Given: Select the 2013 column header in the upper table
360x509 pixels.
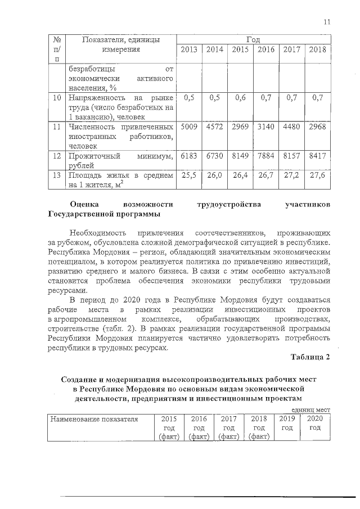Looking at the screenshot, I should click(189, 50).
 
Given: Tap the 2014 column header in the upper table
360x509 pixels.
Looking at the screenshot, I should click(215, 50).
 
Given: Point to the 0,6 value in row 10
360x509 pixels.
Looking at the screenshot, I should click(240, 98).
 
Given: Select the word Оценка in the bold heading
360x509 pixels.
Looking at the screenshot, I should click(88, 204).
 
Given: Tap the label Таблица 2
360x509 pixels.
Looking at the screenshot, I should click(310, 357).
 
